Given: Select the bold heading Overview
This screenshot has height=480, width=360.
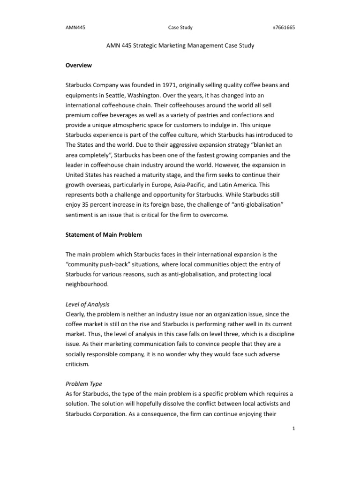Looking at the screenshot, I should click(x=78, y=65).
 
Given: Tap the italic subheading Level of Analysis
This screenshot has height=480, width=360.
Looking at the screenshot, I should click(x=87, y=291).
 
